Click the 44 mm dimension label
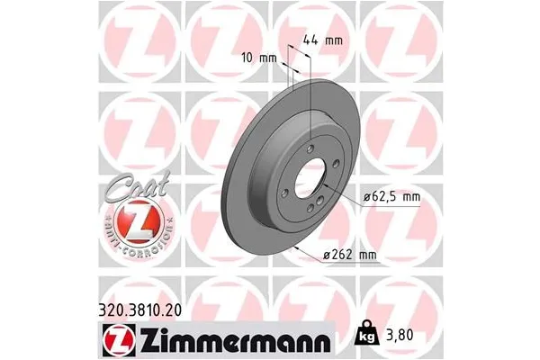tap(326, 40)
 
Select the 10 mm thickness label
tap(262, 58)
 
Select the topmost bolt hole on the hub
tap(310, 148)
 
